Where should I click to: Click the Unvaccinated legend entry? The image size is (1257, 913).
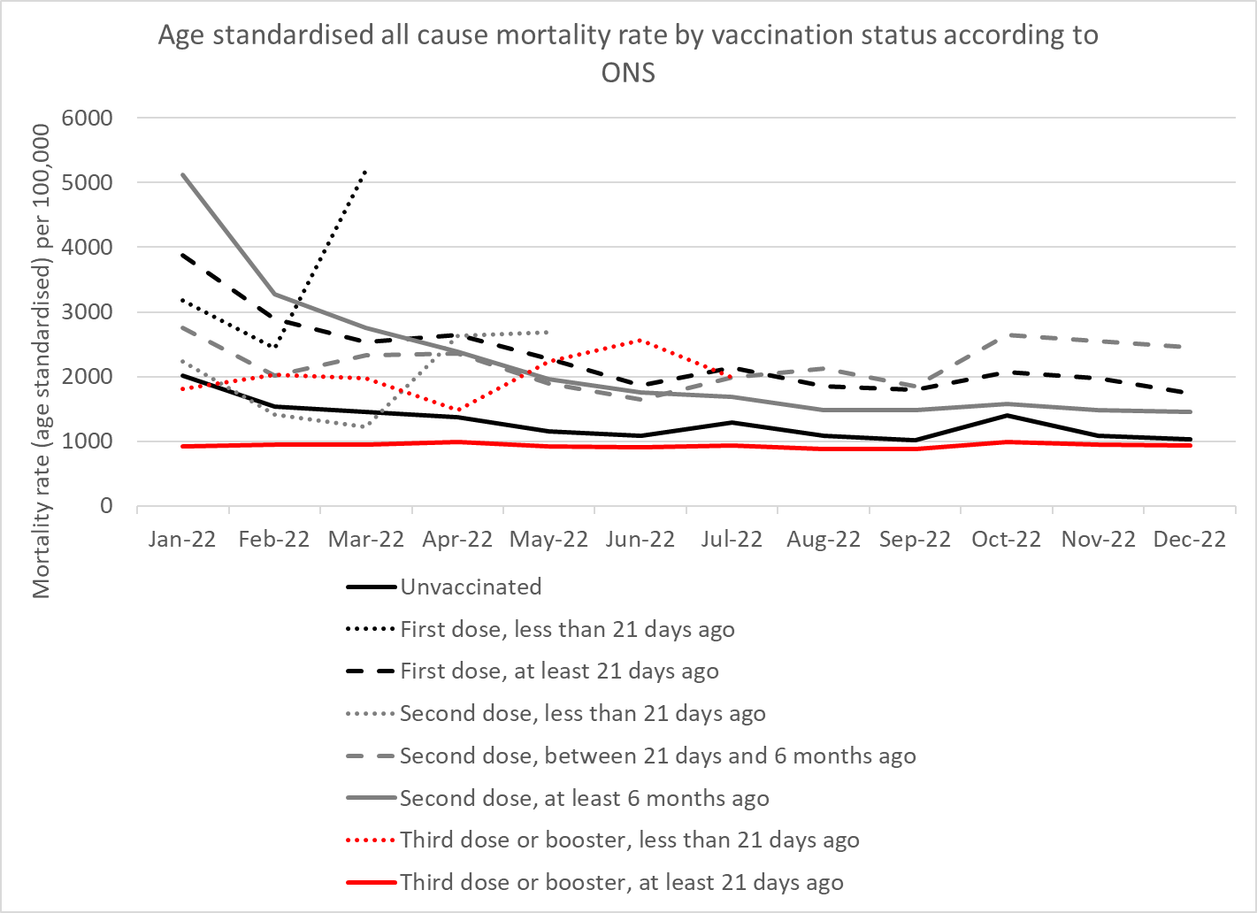471,587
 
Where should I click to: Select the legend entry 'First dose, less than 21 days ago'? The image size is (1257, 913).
567,629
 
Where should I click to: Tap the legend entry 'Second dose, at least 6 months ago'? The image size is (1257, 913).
584,798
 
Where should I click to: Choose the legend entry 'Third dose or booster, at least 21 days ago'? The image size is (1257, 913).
621,882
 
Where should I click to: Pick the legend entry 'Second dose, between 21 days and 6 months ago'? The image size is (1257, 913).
657,756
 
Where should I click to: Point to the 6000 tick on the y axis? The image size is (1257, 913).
87,118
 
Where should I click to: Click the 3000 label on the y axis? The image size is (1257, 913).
87,311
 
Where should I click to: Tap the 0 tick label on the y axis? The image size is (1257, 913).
106,505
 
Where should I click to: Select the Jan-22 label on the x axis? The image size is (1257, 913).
182,540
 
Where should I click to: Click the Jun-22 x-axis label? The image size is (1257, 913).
640,540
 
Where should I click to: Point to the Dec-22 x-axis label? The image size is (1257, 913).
1190,540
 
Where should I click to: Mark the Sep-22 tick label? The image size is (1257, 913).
915,540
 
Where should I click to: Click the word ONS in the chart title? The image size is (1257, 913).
628,73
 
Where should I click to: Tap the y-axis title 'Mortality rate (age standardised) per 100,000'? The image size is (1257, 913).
42,361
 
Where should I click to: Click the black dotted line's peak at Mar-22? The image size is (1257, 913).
365,170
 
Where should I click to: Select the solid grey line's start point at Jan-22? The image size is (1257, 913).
182,174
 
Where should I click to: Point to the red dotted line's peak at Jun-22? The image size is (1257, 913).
640,340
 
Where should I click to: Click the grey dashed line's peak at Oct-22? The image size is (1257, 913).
1007,335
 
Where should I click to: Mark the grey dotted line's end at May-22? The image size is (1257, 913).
548,332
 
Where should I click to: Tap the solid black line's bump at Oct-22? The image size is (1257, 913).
1007,415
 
